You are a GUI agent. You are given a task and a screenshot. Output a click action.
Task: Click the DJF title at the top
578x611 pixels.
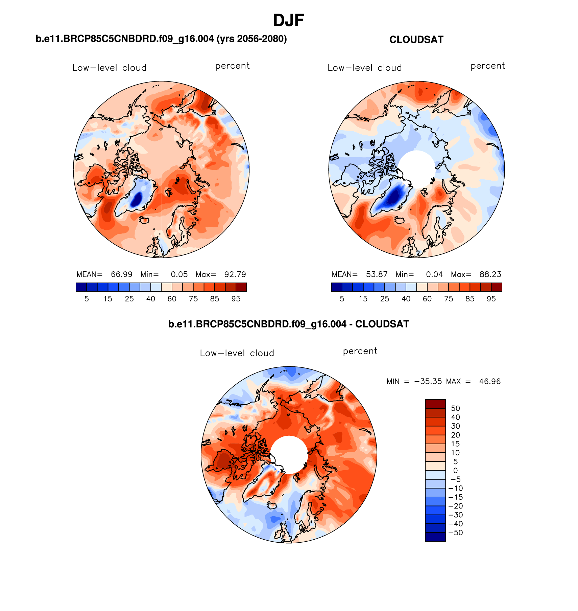pyautogui.click(x=288, y=21)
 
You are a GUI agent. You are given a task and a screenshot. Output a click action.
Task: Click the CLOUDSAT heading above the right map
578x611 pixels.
pyautogui.click(x=416, y=40)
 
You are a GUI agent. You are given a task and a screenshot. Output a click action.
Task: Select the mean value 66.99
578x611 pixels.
pyautogui.click(x=122, y=274)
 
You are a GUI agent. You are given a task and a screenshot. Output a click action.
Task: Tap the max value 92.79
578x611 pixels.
pyautogui.click(x=235, y=274)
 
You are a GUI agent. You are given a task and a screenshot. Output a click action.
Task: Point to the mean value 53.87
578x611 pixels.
pyautogui.click(x=377, y=274)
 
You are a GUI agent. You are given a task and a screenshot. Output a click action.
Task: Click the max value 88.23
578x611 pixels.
pyautogui.click(x=490, y=274)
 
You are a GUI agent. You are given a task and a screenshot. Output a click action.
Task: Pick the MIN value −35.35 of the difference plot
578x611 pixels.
pyautogui.click(x=428, y=381)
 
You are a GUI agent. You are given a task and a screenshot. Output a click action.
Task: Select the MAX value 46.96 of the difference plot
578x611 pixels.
pyautogui.click(x=490, y=381)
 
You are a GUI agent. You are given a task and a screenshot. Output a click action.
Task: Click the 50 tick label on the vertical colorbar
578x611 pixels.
pyautogui.click(x=455, y=408)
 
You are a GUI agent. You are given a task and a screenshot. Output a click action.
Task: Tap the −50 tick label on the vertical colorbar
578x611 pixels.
pyautogui.click(x=455, y=533)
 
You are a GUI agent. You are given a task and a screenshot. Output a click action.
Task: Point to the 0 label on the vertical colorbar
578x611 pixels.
pyautogui.click(x=455, y=470)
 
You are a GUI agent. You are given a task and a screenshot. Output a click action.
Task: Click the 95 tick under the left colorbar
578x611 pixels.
pyautogui.click(x=236, y=299)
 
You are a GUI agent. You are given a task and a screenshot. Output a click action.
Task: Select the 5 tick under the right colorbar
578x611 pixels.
pyautogui.click(x=342, y=299)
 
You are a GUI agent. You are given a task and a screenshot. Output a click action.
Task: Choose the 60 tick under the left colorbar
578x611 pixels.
pyautogui.click(x=172, y=299)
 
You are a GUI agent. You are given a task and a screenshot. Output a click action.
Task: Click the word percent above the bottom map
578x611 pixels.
pyautogui.click(x=360, y=351)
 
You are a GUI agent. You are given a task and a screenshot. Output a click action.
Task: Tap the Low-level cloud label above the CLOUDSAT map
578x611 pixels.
pyautogui.click(x=365, y=68)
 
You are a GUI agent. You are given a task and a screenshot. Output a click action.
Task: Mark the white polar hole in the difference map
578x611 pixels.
pyautogui.click(x=289, y=454)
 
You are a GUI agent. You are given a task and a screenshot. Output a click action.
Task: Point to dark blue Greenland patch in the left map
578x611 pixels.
pyautogui.click(x=137, y=200)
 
